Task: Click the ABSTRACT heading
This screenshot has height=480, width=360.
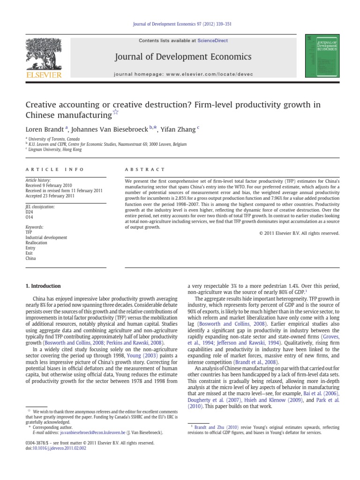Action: (145, 169)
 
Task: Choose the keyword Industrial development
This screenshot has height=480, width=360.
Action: (46, 237)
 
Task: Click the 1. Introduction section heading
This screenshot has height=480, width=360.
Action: (43, 286)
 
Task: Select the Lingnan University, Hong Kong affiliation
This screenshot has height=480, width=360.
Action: (54, 150)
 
